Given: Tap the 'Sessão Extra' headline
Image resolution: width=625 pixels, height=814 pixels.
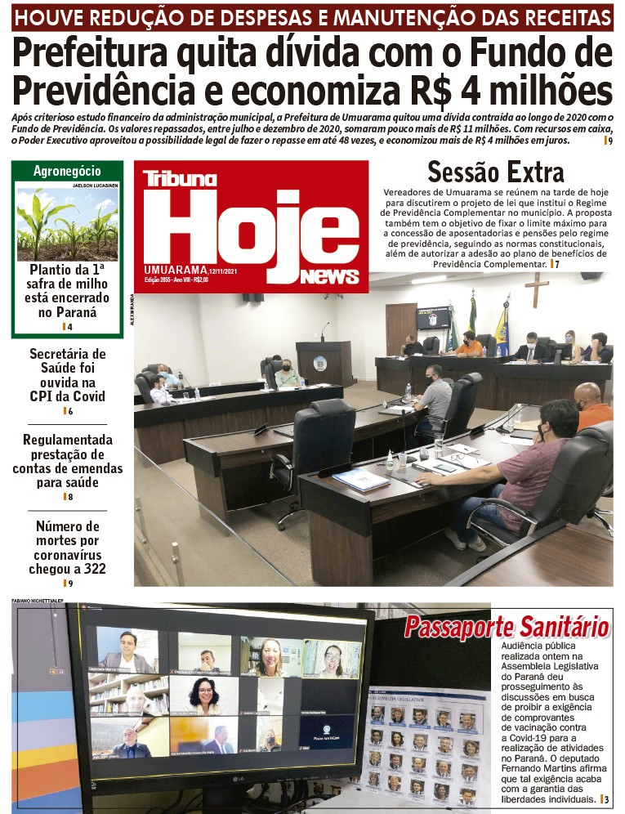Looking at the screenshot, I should pos(495,172).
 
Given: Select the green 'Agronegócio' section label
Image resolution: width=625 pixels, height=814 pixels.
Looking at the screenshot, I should pos(67,171).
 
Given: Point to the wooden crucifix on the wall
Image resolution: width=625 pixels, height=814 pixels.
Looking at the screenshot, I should pos(537,289).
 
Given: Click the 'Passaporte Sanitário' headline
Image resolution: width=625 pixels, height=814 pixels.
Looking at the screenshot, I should pos(507,627).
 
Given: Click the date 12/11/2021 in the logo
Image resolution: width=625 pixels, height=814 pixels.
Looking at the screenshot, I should pos(223,271).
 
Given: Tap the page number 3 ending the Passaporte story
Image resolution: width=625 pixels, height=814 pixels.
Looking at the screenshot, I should pos(606,799).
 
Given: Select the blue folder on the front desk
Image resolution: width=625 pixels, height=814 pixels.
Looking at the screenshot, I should pos(360,480).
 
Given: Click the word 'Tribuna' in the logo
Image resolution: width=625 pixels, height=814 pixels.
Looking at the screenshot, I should pos(180,179).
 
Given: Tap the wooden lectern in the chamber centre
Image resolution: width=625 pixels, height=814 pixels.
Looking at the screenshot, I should pos(323,362).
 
